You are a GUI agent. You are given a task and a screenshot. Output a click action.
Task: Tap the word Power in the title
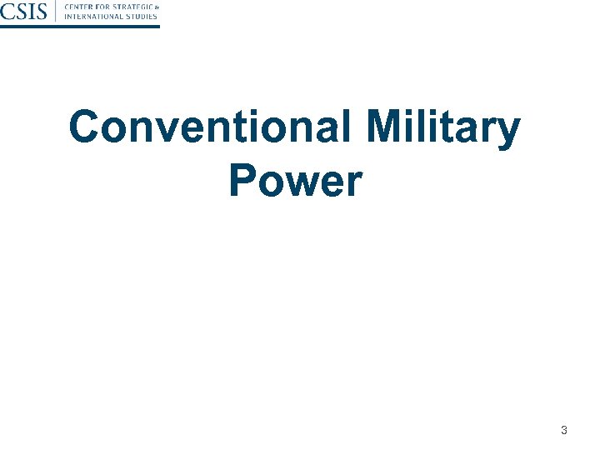(x=296, y=181)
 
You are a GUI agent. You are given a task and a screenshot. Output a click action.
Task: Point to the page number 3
(x=564, y=431)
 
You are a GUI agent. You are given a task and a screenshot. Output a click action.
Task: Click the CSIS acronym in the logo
(x=25, y=12)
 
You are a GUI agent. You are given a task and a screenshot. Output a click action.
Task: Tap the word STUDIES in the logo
(x=141, y=17)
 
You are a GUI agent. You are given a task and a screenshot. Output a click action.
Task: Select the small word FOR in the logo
(x=103, y=7)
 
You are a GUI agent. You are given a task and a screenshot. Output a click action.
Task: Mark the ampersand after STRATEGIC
(x=156, y=7)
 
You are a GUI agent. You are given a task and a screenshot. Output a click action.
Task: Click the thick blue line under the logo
(x=79, y=27)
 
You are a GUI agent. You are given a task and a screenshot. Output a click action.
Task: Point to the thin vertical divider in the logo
(x=56, y=12)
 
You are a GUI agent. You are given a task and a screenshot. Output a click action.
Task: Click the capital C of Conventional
(x=84, y=129)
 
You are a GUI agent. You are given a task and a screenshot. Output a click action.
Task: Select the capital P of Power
(x=242, y=181)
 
